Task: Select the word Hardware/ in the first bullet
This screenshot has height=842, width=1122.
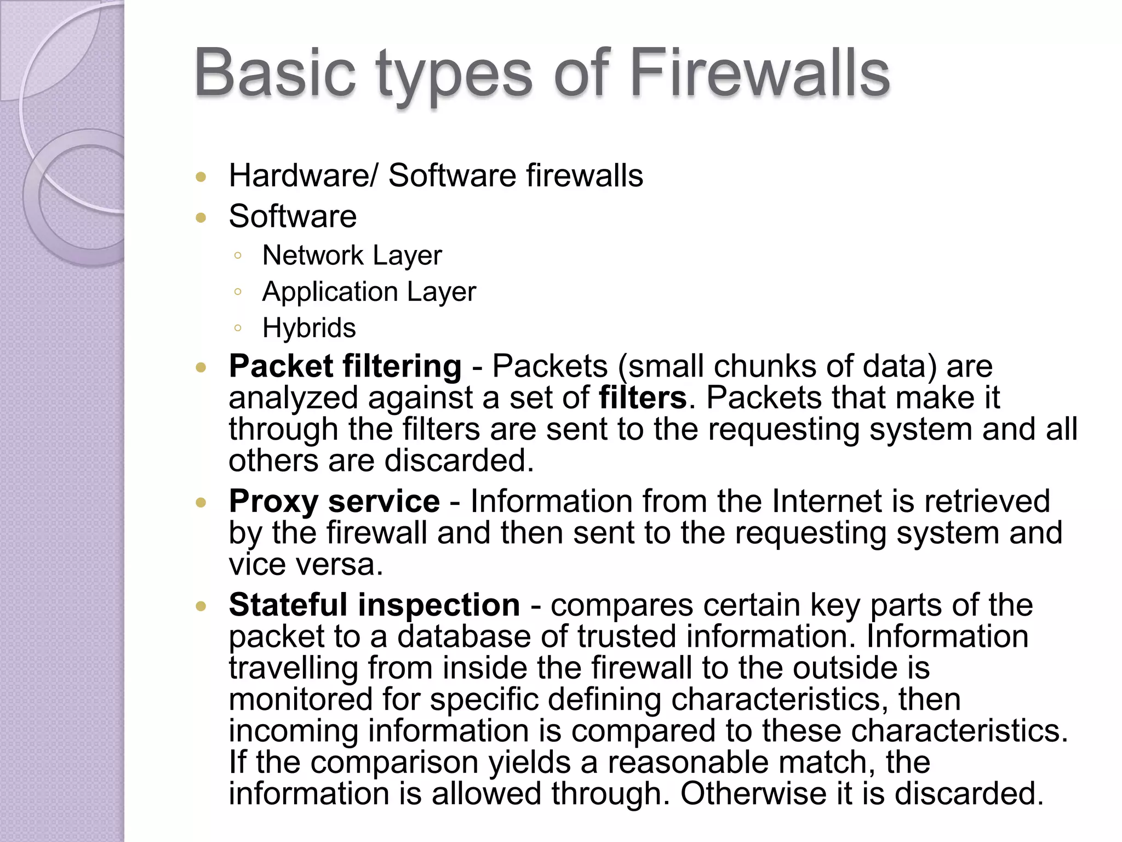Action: (303, 176)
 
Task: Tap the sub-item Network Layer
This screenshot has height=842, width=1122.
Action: (352, 255)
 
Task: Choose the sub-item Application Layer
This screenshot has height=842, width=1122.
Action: (369, 292)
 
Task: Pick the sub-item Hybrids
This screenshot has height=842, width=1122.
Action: (309, 328)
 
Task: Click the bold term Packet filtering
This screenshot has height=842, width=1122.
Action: (345, 366)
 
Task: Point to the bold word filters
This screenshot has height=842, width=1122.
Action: (643, 397)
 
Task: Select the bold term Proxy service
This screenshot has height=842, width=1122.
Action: (334, 501)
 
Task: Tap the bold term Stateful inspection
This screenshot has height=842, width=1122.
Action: (374, 605)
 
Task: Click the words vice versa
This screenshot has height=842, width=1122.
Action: (306, 565)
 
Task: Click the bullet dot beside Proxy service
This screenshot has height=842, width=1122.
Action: (201, 502)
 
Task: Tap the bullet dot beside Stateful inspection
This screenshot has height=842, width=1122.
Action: (201, 606)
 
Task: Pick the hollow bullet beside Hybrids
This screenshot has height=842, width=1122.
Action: (237, 328)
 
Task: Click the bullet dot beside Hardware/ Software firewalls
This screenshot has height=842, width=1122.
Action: (201, 177)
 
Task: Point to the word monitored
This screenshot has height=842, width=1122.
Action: (300, 699)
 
